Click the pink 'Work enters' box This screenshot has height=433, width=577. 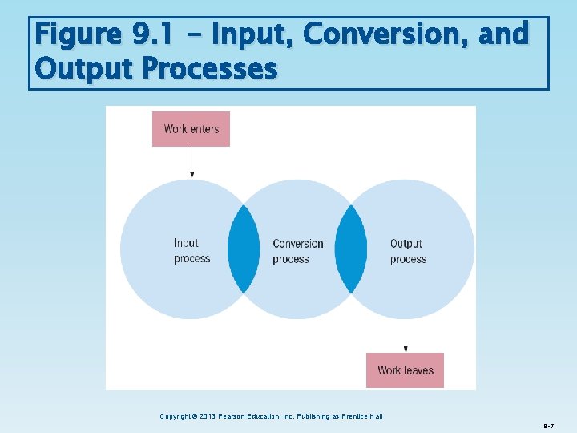pyautogui.click(x=191, y=128)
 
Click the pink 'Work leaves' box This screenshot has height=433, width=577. pyautogui.click(x=405, y=370)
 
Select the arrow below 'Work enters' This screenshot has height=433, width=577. pyautogui.click(x=192, y=161)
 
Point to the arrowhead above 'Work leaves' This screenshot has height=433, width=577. pyautogui.click(x=406, y=349)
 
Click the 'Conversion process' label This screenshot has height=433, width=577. pyautogui.click(x=297, y=251)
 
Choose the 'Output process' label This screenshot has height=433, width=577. pyautogui.click(x=408, y=251)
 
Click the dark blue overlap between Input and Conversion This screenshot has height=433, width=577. pyautogui.click(x=244, y=249)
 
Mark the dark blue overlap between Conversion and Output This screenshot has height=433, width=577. pyautogui.click(x=350, y=249)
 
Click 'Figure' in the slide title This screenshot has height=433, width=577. pyautogui.click(x=77, y=36)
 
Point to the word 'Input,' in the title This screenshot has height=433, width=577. pyautogui.click(x=252, y=36)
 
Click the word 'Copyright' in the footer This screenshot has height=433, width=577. pyautogui.click(x=176, y=416)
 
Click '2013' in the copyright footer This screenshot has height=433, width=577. pyautogui.click(x=204, y=416)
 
